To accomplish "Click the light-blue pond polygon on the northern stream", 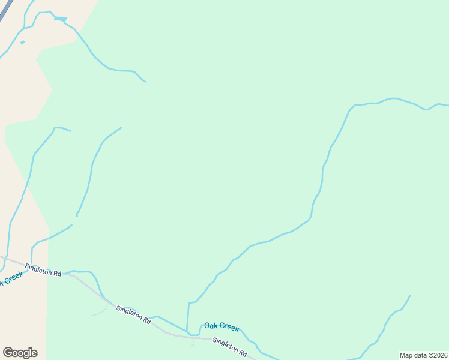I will point(60,19).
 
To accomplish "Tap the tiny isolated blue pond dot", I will point(22,42).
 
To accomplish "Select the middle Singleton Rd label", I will point(133,314).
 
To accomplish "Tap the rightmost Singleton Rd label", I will point(230,347).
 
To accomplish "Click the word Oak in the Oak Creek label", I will point(210,325).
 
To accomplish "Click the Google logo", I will point(20,353).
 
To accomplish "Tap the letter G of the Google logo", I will point(7,353).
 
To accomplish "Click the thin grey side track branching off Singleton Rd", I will point(96,313).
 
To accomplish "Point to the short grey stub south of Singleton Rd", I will point(192,341).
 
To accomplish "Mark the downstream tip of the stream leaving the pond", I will point(145,82).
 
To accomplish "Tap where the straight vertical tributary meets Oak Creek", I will point(187,331).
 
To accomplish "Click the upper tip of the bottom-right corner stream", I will point(410,295).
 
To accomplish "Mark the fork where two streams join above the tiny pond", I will point(24,28).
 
